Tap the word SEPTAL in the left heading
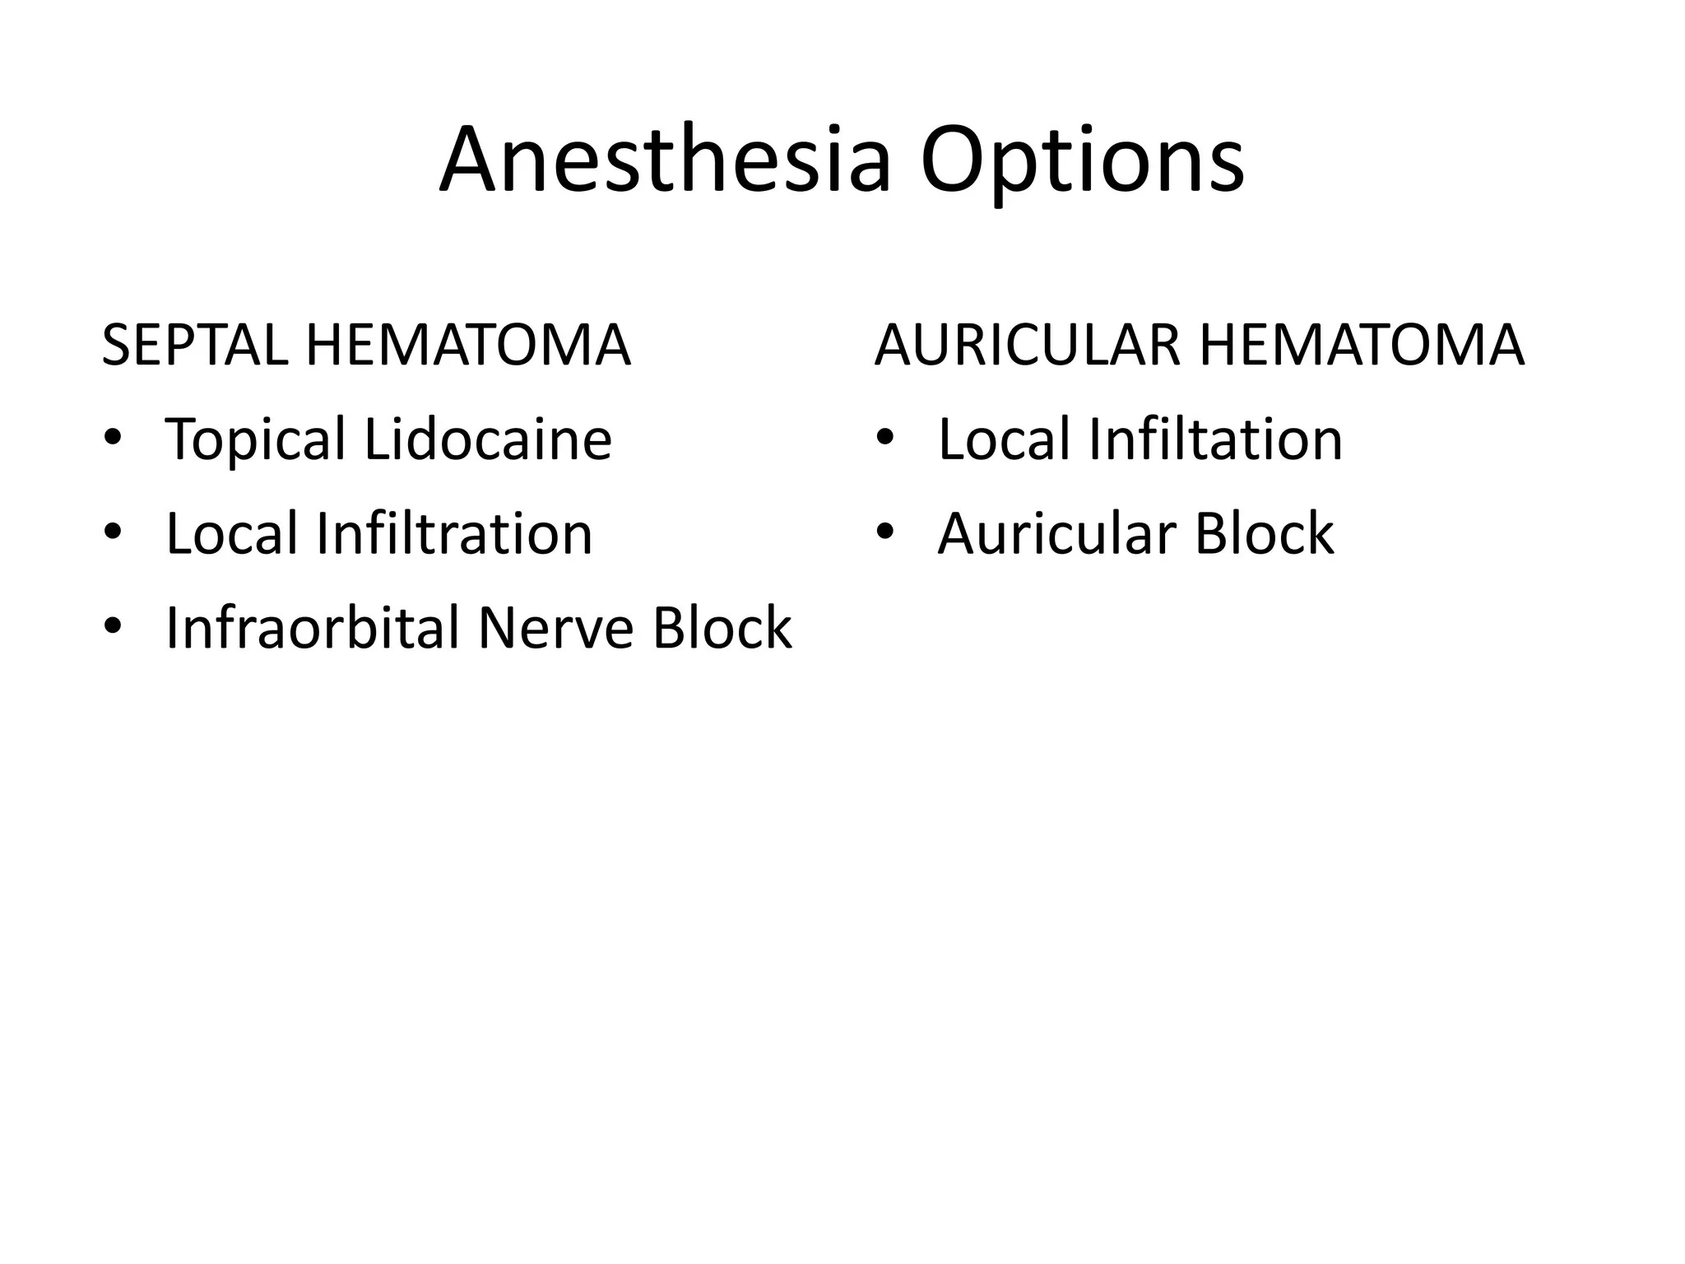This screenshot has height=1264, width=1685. pyautogui.click(x=194, y=346)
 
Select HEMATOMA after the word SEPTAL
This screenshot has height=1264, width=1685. pyautogui.click(x=467, y=346)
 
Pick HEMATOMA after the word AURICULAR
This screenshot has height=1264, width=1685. pyautogui.click(x=1362, y=346)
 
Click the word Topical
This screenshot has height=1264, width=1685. pyautogui.click(x=255, y=441)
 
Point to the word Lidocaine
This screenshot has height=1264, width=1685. pyautogui.click(x=488, y=439)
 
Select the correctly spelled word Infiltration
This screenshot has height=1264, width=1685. pyautogui.click(x=453, y=534)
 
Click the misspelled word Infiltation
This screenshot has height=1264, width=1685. pyautogui.click(x=1215, y=439)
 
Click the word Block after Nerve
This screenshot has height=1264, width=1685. pyautogui.click(x=722, y=629)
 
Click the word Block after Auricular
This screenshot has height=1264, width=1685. pyautogui.click(x=1264, y=534)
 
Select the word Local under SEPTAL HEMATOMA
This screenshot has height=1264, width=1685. pyautogui.click(x=232, y=534)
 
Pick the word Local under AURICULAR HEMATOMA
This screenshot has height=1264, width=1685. pyautogui.click(x=1004, y=439)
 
